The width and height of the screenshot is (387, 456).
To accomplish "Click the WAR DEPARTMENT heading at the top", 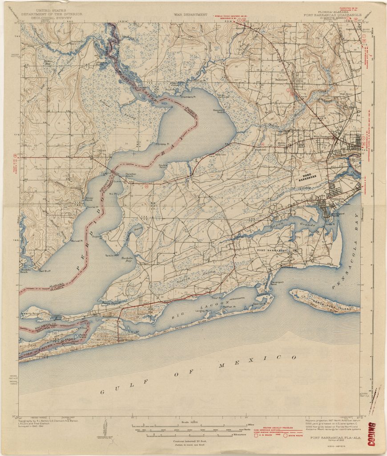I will click(x=191, y=14).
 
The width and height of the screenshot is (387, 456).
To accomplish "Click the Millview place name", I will click(x=221, y=155).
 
